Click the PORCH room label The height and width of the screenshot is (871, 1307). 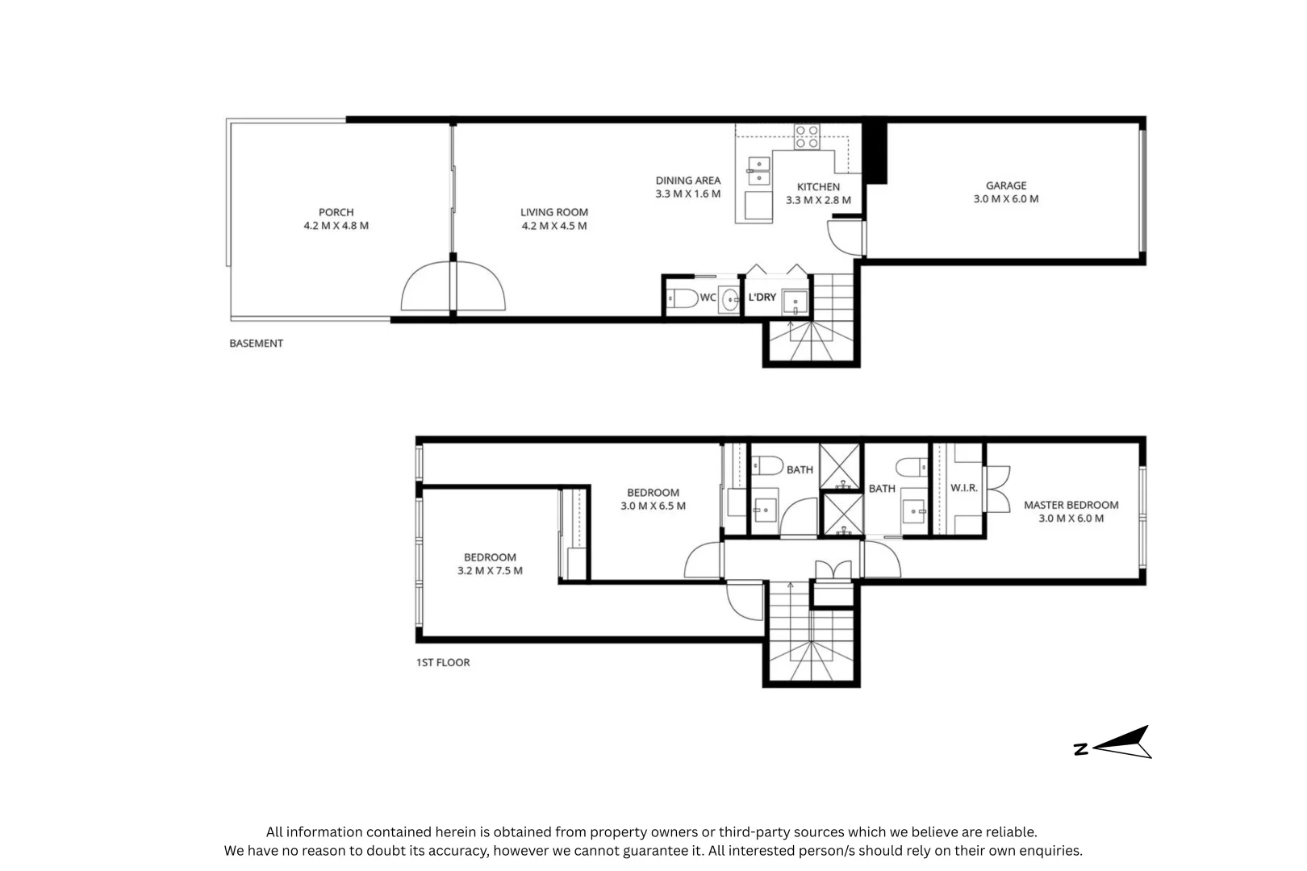(336, 212)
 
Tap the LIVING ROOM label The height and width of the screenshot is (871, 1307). (554, 212)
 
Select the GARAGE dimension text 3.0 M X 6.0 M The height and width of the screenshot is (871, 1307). (1006, 199)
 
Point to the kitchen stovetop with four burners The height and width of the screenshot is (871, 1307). (807, 137)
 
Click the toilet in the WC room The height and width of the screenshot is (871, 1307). (682, 298)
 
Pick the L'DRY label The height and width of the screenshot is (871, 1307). (762, 297)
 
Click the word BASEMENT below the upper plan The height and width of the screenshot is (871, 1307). (256, 344)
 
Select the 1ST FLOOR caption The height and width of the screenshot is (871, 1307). (443, 662)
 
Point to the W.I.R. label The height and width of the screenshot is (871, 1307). (964, 488)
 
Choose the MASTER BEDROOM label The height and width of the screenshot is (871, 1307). (1071, 505)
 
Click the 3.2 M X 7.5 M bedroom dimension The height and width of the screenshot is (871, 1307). (491, 570)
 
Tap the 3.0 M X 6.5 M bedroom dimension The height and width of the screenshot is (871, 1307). (653, 506)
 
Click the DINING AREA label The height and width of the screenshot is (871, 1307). (688, 181)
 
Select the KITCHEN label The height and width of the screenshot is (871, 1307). (819, 187)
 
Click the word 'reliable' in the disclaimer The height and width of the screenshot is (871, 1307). (1013, 832)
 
